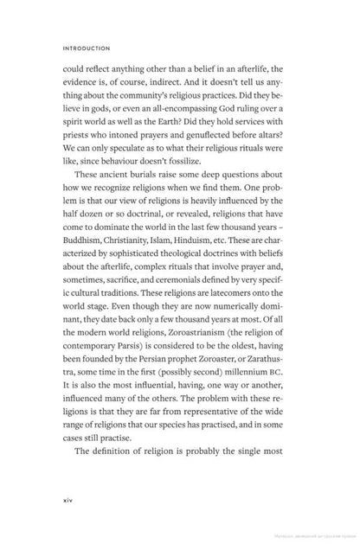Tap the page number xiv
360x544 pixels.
click(x=68, y=499)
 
